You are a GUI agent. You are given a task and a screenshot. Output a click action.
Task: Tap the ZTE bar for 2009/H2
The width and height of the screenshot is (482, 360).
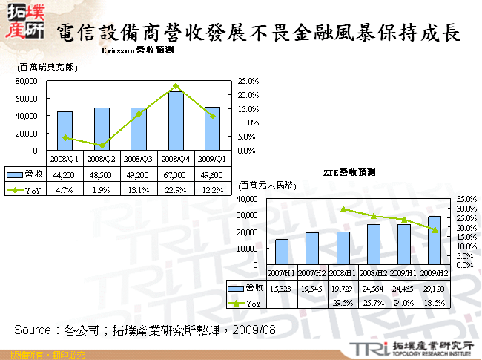point(435,240)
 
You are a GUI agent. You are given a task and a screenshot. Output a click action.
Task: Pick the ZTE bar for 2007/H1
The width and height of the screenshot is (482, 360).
point(282,252)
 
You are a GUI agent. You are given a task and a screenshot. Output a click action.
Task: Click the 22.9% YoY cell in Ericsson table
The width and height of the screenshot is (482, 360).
point(176,190)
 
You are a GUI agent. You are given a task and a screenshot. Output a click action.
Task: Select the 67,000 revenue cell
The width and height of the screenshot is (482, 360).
point(176,173)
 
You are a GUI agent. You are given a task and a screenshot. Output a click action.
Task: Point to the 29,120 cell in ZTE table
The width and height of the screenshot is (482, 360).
point(435,287)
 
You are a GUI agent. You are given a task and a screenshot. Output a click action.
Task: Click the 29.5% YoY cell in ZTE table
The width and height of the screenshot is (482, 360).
point(343,303)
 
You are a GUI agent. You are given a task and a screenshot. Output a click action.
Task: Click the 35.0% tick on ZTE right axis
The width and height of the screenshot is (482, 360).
point(461,199)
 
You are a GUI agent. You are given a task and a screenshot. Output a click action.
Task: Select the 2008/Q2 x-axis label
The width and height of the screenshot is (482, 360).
point(102,158)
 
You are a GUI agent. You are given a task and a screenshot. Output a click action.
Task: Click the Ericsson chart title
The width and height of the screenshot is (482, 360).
point(136,50)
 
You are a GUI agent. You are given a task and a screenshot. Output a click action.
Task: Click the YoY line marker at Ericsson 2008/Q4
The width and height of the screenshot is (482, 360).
point(176,86)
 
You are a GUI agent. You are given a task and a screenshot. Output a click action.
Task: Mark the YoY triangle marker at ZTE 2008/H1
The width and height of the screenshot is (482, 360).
point(343,209)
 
